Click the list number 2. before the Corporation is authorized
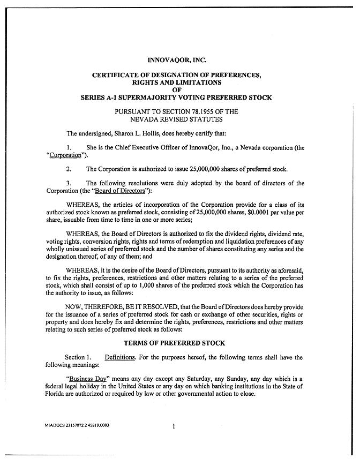point(69,169)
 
